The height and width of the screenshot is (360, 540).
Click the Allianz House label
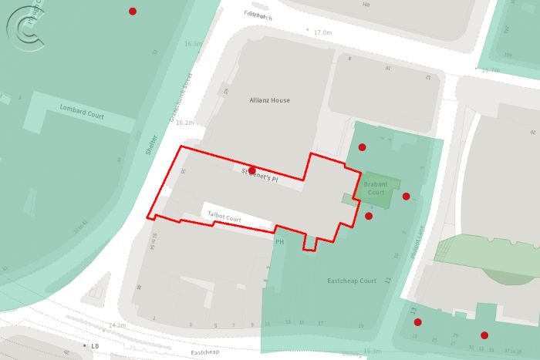coord(269,100)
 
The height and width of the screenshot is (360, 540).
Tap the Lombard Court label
coord(82,111)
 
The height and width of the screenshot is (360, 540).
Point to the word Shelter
coord(152,144)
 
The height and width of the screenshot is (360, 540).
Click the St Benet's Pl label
coord(259,175)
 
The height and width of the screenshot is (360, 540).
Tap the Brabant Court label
coord(376,187)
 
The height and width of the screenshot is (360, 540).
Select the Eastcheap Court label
coord(352,281)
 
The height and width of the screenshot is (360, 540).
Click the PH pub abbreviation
coord(280,242)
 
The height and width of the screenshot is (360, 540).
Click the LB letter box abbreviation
coord(95,346)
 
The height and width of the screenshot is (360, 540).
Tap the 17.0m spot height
coord(322,32)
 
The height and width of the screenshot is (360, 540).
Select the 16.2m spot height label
coord(184,123)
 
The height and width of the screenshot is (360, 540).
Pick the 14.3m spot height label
coord(117,326)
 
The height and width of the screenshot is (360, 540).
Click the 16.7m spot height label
coord(491,70)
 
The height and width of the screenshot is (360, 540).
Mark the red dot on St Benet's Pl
coord(252,170)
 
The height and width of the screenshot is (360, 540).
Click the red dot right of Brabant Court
coord(407,196)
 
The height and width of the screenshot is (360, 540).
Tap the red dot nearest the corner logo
coord(133,11)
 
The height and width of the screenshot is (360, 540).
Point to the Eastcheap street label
coord(205,352)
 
